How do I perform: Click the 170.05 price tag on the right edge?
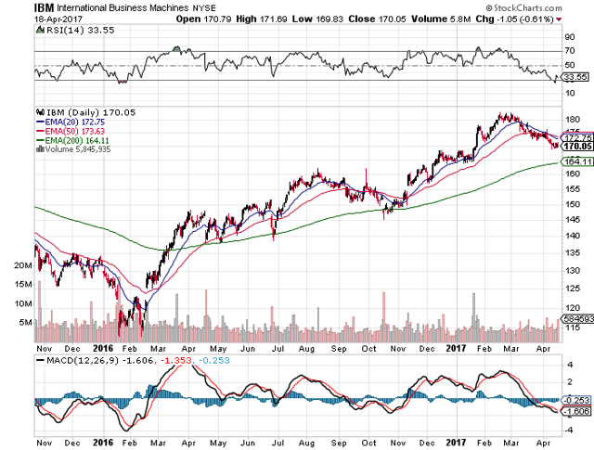point(577,146)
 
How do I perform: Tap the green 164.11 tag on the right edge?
point(577,161)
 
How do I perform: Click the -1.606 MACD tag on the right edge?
point(577,410)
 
